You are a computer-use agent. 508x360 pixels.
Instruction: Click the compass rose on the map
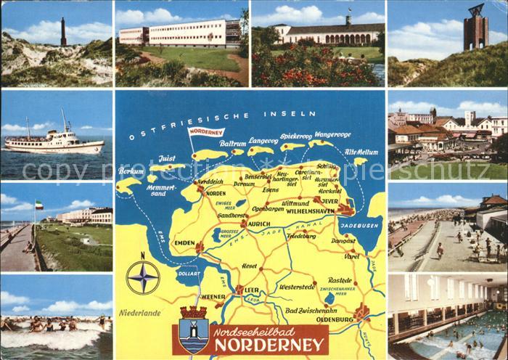point(143,277)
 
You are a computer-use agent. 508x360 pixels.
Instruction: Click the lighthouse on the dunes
point(64,32)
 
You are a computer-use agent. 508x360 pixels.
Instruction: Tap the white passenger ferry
point(54,141)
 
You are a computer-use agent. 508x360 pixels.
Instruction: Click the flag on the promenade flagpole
point(39,205)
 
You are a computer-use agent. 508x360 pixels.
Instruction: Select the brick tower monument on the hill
point(476,28)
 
